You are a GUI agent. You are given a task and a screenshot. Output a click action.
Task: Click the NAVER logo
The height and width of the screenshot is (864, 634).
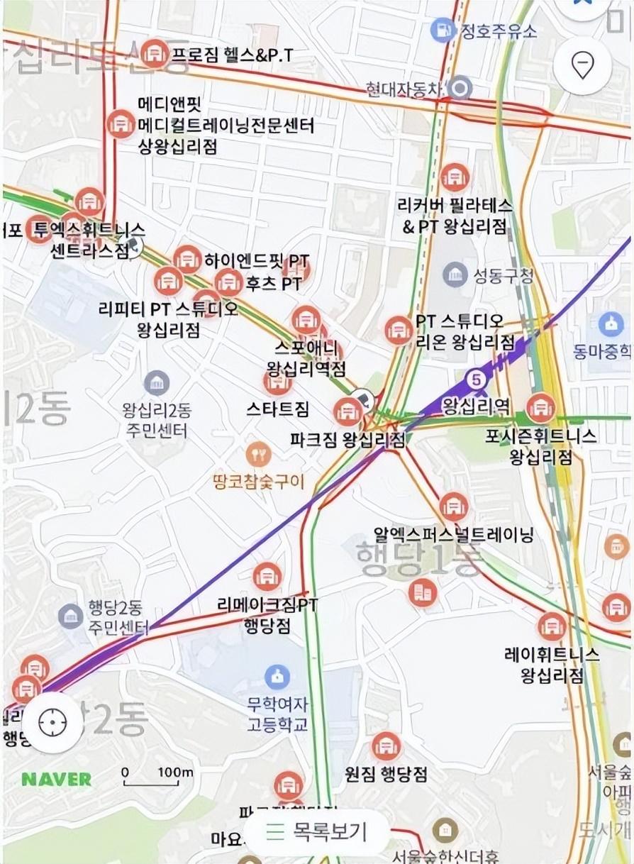point(56,779)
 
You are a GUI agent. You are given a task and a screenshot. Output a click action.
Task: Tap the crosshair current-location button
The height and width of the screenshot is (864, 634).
point(52,722)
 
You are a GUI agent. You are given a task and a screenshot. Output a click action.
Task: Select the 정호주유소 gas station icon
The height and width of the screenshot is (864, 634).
point(443,30)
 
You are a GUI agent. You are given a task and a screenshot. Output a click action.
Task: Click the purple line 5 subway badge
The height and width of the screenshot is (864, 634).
point(477,380)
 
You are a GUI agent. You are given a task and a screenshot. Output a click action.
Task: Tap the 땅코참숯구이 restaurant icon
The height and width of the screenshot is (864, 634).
point(258,453)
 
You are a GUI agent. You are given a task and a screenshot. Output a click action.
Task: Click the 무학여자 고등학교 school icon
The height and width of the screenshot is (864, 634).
point(277,676)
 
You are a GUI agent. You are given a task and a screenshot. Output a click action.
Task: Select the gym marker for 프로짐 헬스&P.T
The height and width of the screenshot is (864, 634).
point(155,52)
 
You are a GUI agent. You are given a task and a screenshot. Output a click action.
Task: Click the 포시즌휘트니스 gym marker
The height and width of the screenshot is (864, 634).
point(542,407)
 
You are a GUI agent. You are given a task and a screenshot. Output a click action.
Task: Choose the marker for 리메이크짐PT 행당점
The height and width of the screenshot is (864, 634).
point(267,576)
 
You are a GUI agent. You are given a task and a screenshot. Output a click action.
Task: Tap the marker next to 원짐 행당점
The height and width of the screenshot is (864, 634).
point(386,746)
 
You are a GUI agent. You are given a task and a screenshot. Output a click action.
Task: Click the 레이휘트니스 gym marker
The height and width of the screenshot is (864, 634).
point(552,626)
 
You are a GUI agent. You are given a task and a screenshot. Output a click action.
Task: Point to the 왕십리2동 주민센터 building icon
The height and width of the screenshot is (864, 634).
point(157,384)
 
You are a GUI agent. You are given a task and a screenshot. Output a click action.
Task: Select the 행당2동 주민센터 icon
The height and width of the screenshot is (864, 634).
point(71,615)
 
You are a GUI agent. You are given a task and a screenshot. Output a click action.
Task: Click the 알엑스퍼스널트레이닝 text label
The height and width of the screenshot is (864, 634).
point(453,534)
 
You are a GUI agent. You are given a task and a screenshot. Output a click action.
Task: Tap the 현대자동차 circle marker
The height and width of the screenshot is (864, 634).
point(462,89)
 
